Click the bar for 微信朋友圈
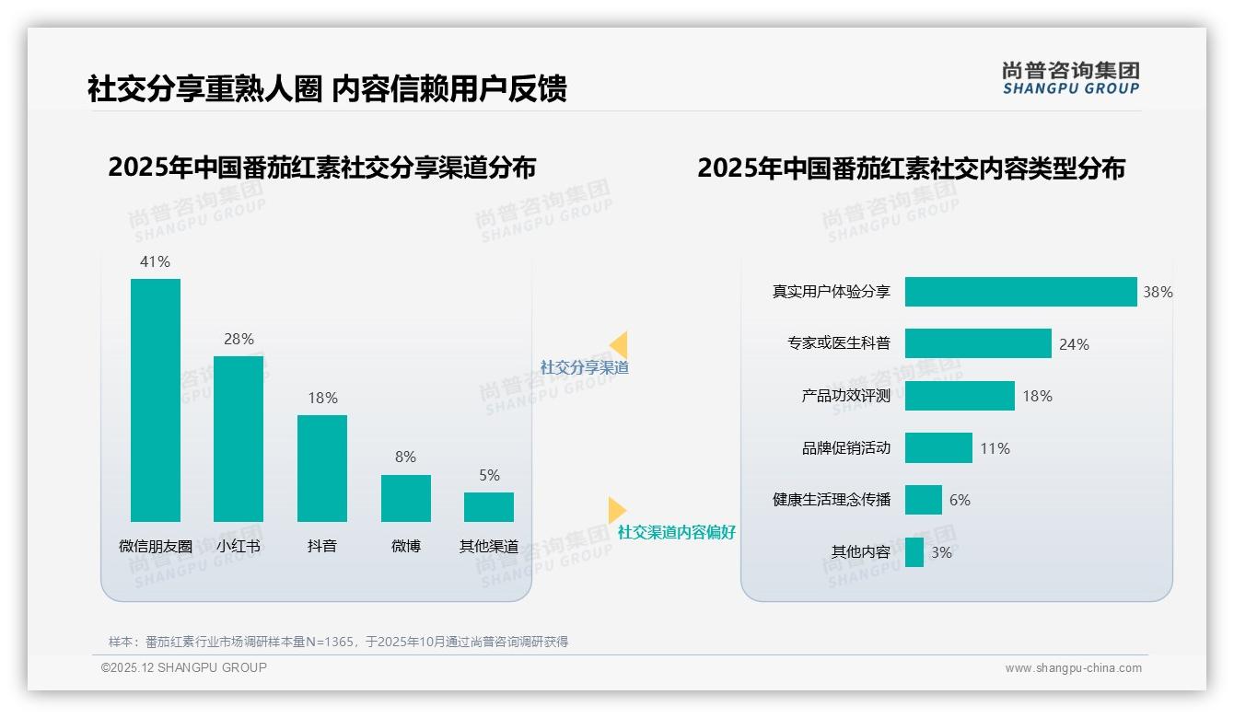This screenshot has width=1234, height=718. click(156, 400)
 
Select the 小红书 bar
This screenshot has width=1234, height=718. click(239, 439)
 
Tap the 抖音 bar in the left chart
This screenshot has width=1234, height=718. click(322, 469)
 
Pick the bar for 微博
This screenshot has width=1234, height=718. click(406, 498)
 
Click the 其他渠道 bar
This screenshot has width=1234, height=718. click(489, 507)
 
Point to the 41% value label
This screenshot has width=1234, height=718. click(155, 261)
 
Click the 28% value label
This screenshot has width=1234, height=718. click(239, 339)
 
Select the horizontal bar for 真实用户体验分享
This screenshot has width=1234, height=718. click(1020, 292)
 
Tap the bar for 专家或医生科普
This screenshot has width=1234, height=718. click(978, 343)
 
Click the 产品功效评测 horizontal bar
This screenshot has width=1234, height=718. click(960, 396)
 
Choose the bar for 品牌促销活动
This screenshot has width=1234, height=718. click(938, 448)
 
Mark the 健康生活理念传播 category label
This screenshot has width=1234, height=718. click(832, 500)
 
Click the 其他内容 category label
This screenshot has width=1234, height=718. click(861, 552)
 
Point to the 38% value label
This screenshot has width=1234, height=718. click(1158, 292)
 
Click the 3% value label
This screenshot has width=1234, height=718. click(941, 552)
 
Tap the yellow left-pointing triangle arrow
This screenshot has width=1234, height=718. click(619, 345)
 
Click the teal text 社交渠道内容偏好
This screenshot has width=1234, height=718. click(677, 532)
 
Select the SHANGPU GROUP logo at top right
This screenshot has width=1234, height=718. click(1071, 78)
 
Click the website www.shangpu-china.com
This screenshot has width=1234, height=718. click(1073, 668)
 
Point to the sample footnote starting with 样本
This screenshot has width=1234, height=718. click(338, 642)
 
